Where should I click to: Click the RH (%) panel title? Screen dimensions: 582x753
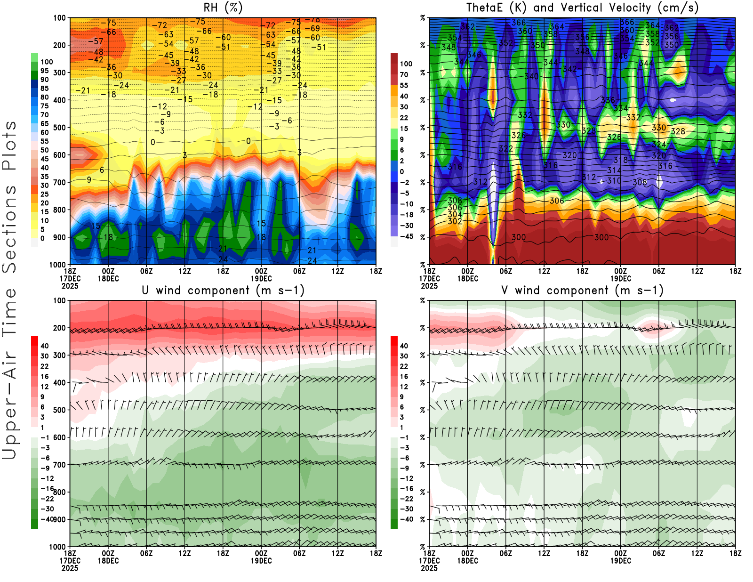pyautogui.click(x=223, y=8)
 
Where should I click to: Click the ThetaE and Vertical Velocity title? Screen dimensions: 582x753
pyautogui.click(x=582, y=8)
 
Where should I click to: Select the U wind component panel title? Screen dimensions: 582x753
pyautogui.click(x=223, y=291)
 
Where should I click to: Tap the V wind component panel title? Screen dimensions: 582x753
pyautogui.click(x=582, y=291)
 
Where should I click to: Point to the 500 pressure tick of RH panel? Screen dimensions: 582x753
pyautogui.click(x=60, y=128)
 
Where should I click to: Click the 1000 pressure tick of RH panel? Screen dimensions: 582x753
pyautogui.click(x=58, y=265)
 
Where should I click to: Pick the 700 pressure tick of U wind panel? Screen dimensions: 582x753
pyautogui.click(x=60, y=465)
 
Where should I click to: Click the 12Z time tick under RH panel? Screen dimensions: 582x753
pyautogui.click(x=184, y=271)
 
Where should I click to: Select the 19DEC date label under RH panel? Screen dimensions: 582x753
pyautogui.click(x=261, y=278)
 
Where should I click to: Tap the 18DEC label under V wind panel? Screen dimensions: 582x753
pyautogui.click(x=467, y=561)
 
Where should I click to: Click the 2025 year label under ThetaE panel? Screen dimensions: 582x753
pyautogui.click(x=429, y=286)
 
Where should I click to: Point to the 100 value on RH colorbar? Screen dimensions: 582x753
pyautogui.click(x=47, y=62)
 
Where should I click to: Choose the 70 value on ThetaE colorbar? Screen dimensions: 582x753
pyautogui.click(x=404, y=74)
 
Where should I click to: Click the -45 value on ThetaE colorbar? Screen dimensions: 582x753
pyautogui.click(x=407, y=236)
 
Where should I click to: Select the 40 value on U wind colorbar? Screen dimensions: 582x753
pyautogui.click(x=45, y=346)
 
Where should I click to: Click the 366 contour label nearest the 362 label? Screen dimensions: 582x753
pyautogui.click(x=518, y=23)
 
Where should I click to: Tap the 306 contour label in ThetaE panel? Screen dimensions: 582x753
pyautogui.click(x=557, y=201)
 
